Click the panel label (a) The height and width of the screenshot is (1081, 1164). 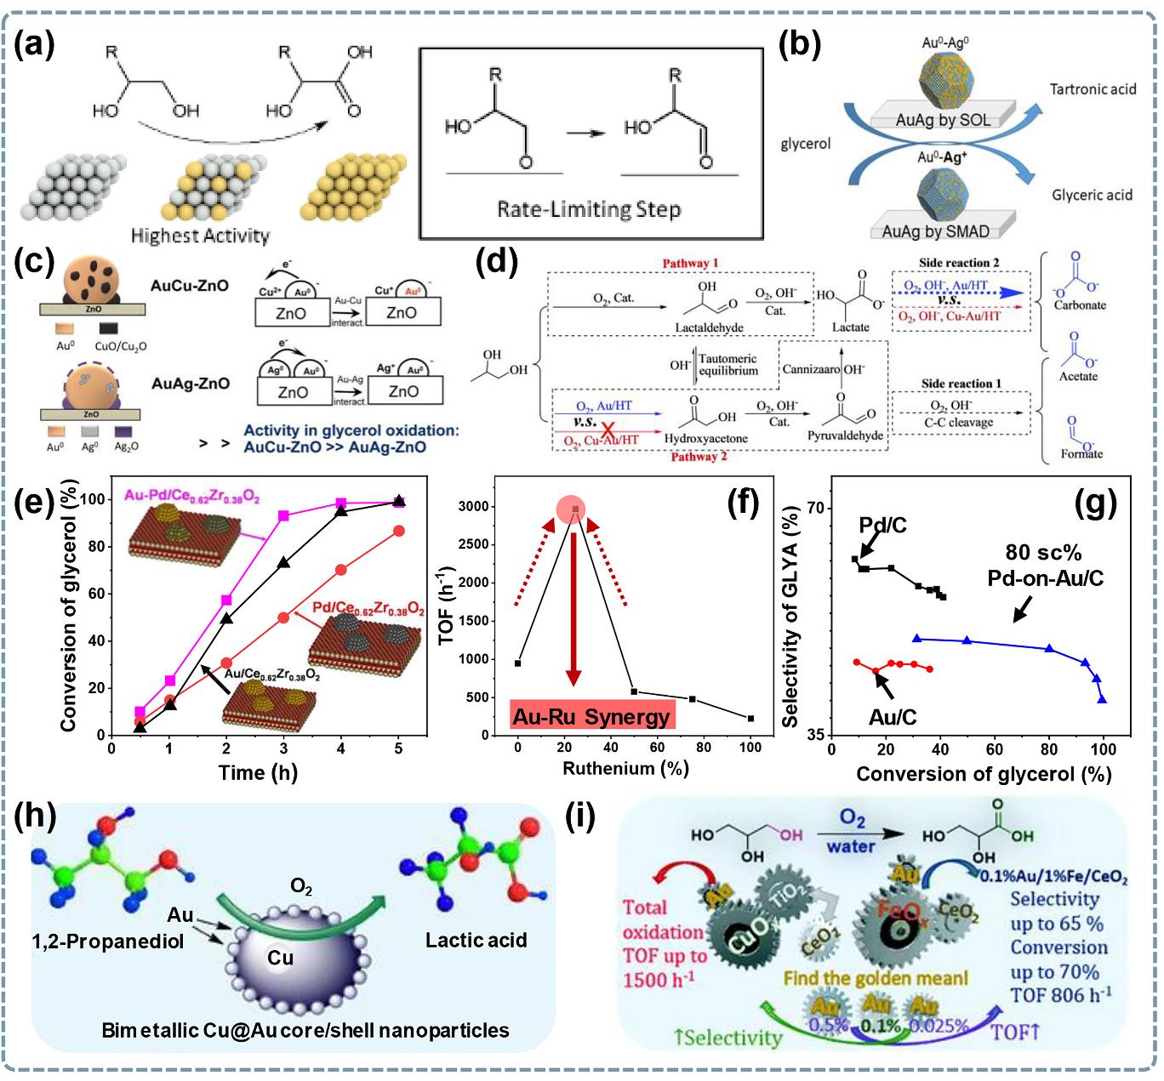pyautogui.click(x=33, y=42)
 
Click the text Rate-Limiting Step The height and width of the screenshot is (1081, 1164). pyautogui.click(x=589, y=209)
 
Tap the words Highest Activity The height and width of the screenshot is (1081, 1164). pyautogui.click(x=200, y=236)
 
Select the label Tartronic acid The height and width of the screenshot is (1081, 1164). pyautogui.click(x=1092, y=88)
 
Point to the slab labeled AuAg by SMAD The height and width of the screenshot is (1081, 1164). pyautogui.click(x=935, y=230)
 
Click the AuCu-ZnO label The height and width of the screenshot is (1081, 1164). pyautogui.click(x=189, y=286)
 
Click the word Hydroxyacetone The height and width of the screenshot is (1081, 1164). pyautogui.click(x=705, y=439)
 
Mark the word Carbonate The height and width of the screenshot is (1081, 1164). pyautogui.click(x=1080, y=305)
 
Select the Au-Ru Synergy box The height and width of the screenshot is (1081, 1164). pyautogui.click(x=591, y=716)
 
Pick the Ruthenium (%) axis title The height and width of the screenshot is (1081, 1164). pyautogui.click(x=625, y=769)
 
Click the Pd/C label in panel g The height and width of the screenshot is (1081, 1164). pyautogui.click(x=882, y=525)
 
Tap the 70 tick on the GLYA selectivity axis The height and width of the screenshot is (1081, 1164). pyautogui.click(x=816, y=508)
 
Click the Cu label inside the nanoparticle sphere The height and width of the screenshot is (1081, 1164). pyautogui.click(x=280, y=958)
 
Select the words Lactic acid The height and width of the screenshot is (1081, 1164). pyautogui.click(x=476, y=940)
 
